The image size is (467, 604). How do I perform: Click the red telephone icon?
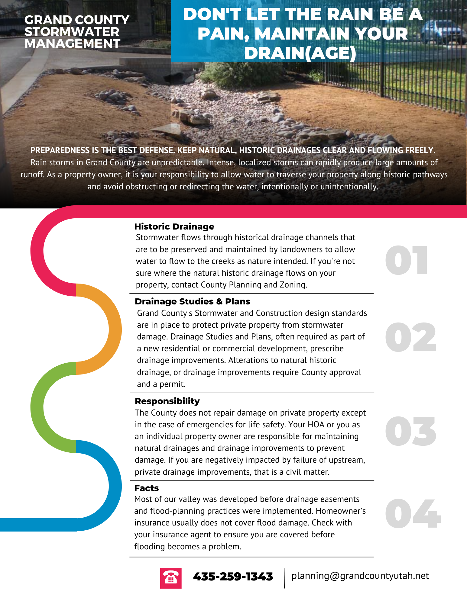coord(171,578)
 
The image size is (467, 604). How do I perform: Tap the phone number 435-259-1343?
coord(233,577)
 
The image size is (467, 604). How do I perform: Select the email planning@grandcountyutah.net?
coord(360,576)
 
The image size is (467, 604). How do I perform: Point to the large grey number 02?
coord(410,337)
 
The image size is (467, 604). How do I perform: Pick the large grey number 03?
coord(410,431)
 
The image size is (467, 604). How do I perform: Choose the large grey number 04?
coord(413,514)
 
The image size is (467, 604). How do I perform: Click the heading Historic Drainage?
coord(174,226)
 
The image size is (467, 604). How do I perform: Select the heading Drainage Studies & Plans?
coord(192,301)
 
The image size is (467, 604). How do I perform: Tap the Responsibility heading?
coord(167,401)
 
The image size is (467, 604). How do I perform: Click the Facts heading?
coord(147,488)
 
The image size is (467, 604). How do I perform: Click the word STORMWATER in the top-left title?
coord(72,32)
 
